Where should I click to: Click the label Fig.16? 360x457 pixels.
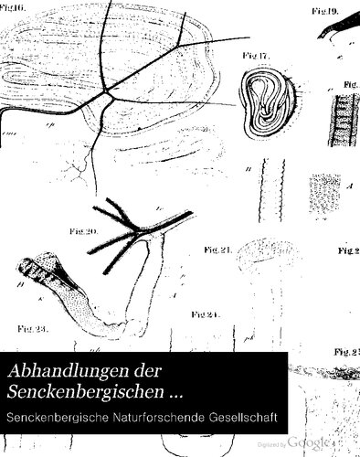(x=16, y=5)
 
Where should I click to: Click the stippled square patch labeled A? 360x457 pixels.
(x=327, y=196)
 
